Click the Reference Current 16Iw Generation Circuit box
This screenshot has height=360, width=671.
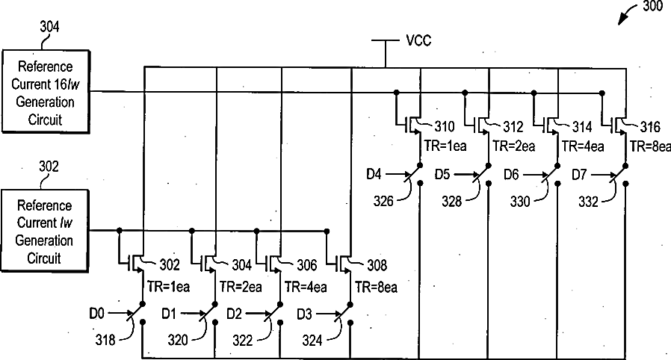pos(45,91)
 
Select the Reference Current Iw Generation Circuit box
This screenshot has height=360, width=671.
pos(45,231)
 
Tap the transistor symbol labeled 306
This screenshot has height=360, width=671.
pos(276,263)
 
